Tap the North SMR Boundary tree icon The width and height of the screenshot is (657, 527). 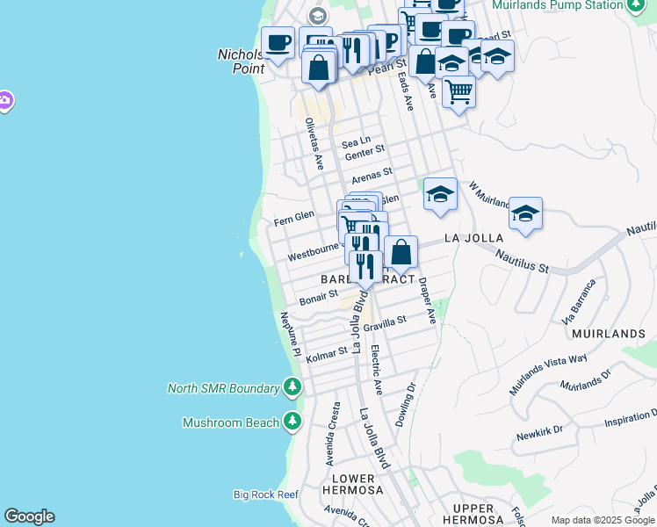[292, 387]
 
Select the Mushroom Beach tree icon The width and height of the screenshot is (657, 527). [292, 422]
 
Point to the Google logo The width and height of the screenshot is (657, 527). [29, 516]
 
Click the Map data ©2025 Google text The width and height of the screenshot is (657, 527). [603, 520]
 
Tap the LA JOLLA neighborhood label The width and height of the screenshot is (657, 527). [473, 238]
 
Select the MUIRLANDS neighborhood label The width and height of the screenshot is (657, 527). [609, 334]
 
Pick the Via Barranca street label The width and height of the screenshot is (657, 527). [581, 300]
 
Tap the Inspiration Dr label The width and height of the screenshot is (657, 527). [630, 422]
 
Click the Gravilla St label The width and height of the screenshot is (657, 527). [386, 323]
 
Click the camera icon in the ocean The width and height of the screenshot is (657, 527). [4, 101]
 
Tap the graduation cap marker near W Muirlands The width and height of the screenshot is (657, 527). [525, 213]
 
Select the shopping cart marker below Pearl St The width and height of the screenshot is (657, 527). [458, 90]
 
